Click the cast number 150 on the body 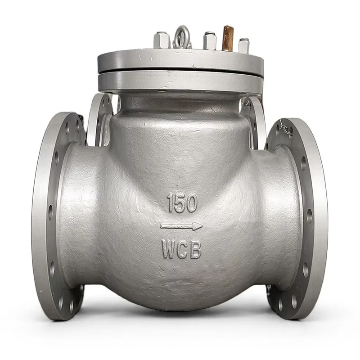tap(183, 203)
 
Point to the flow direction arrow tap(181, 226)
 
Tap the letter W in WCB tap(169, 249)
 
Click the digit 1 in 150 tap(171, 203)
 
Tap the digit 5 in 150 tap(180, 203)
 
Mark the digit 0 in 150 tap(191, 203)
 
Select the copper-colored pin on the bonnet tap(228, 38)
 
